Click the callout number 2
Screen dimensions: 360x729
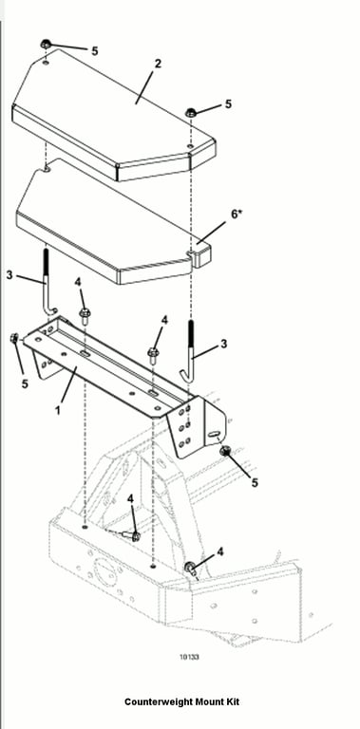[x=158, y=64]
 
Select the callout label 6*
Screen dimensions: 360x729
[x=237, y=215]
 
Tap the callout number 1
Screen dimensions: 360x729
[x=58, y=411]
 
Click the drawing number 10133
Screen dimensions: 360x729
[x=189, y=657]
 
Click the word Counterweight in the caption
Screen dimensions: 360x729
[x=159, y=701]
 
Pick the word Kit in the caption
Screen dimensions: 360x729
[x=232, y=701]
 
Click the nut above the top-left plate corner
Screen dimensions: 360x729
[x=45, y=45]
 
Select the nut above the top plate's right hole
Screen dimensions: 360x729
[x=191, y=112]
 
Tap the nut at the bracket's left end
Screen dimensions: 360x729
[x=14, y=339]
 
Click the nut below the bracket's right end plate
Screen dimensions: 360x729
[x=226, y=450]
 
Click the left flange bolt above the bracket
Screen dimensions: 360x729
[x=85, y=316]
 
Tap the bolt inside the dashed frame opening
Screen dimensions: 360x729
[x=131, y=535]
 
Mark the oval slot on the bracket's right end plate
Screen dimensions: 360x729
[x=214, y=434]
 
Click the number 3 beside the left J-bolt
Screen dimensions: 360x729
[x=9, y=275]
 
